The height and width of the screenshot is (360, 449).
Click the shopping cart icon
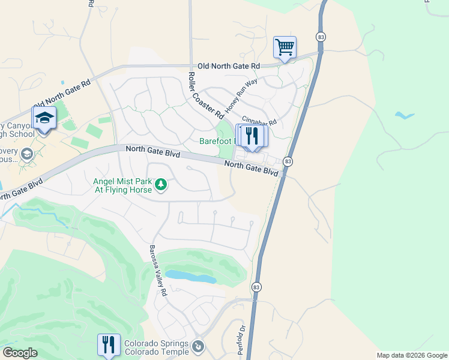[x=285, y=47]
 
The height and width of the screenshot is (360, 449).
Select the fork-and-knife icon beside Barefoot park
[x=252, y=136]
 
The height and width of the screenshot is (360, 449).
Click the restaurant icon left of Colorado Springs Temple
[x=109, y=344]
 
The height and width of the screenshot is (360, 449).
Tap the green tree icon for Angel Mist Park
[x=160, y=184]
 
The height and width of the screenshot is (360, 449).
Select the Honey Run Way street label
[x=241, y=95]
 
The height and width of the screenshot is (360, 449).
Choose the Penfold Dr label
[x=243, y=340]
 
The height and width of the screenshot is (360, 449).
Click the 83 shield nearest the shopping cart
[x=322, y=37]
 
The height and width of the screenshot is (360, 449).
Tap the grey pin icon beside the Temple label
[x=197, y=346]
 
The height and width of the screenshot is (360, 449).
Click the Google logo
[x=20, y=353]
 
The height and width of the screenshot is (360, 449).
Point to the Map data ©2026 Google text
[x=411, y=355]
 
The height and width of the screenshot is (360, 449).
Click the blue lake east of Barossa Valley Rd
[x=191, y=277]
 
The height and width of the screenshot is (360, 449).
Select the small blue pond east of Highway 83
[x=405, y=115]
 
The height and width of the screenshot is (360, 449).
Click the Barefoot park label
[x=217, y=142]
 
